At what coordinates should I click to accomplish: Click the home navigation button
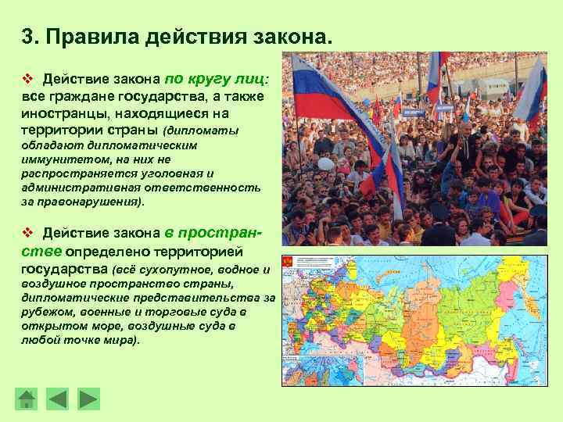click(27, 399)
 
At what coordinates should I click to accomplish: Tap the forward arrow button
click(89, 399)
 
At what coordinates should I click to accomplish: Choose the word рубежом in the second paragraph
click(47, 312)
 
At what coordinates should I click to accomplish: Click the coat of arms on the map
click(288, 263)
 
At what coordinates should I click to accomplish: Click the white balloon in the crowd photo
click(325, 164)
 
